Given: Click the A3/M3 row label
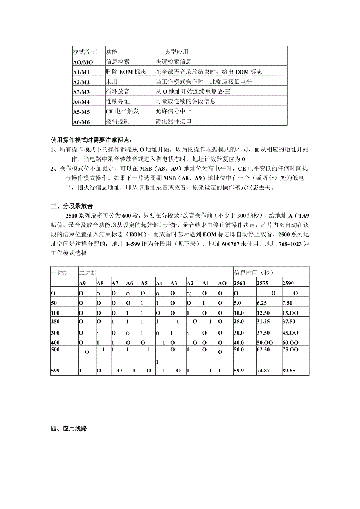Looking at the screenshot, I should click(x=81, y=92).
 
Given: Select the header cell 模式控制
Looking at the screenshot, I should click(x=85, y=52).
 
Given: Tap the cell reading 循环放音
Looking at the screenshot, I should click(x=117, y=92).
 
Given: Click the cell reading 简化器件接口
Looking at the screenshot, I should click(x=174, y=121).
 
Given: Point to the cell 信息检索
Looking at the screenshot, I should click(x=117, y=62).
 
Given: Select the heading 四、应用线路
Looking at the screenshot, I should click(x=69, y=428).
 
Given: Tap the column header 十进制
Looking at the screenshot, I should click(x=60, y=272).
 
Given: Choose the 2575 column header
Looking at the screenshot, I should click(x=262, y=283).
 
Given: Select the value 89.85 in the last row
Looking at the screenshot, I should click(x=289, y=371).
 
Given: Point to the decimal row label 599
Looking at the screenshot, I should click(x=56, y=371).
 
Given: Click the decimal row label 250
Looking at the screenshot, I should click(x=56, y=321).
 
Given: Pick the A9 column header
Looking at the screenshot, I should click(x=82, y=283).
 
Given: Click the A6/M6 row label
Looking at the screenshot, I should click(x=81, y=122).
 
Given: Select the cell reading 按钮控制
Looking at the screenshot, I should click(x=117, y=121).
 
